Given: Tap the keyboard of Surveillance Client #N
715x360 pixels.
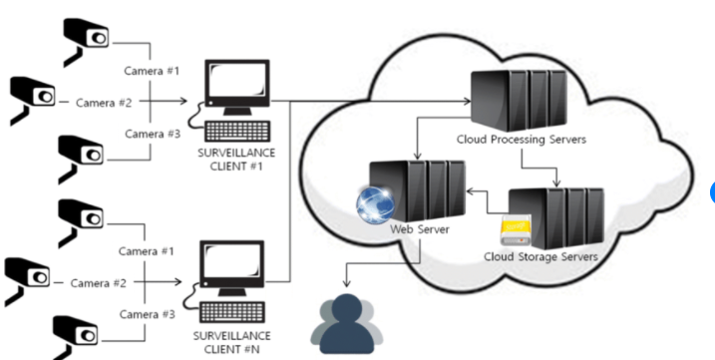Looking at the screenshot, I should (x=233, y=312).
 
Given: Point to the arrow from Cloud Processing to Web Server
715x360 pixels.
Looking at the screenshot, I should (x=416, y=150).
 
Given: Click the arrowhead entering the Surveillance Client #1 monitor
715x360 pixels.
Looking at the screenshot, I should (x=185, y=102).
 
